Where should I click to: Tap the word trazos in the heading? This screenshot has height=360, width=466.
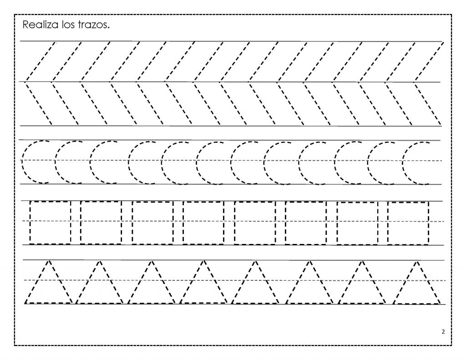tap(94, 25)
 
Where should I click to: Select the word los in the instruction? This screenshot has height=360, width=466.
tap(68, 25)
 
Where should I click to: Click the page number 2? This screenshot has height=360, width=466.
tap(443, 332)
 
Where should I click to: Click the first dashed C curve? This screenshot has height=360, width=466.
tap(22, 162)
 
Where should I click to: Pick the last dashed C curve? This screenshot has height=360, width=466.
tap(403, 163)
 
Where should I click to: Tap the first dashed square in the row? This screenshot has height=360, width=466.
tap(30, 223)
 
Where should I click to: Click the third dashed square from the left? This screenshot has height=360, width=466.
tap(132, 223)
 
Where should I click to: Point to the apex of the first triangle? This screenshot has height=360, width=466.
tap(49, 261)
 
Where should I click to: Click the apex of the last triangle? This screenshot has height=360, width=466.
tap(417, 262)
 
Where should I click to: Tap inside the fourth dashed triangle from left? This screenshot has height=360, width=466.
tap(203, 289)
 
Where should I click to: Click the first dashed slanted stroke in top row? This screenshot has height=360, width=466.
tap(41, 61)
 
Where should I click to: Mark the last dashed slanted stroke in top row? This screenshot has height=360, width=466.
tap(429, 61)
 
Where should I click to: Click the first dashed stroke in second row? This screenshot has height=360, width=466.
tap(39, 104)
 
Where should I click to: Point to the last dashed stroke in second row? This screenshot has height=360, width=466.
tap(428, 104)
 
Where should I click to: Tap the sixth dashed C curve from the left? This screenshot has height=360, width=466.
tap(197, 162)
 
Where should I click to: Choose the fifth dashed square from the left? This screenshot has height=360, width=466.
tap(234, 223)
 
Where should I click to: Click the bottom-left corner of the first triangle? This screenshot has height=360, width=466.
tap(25, 303)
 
